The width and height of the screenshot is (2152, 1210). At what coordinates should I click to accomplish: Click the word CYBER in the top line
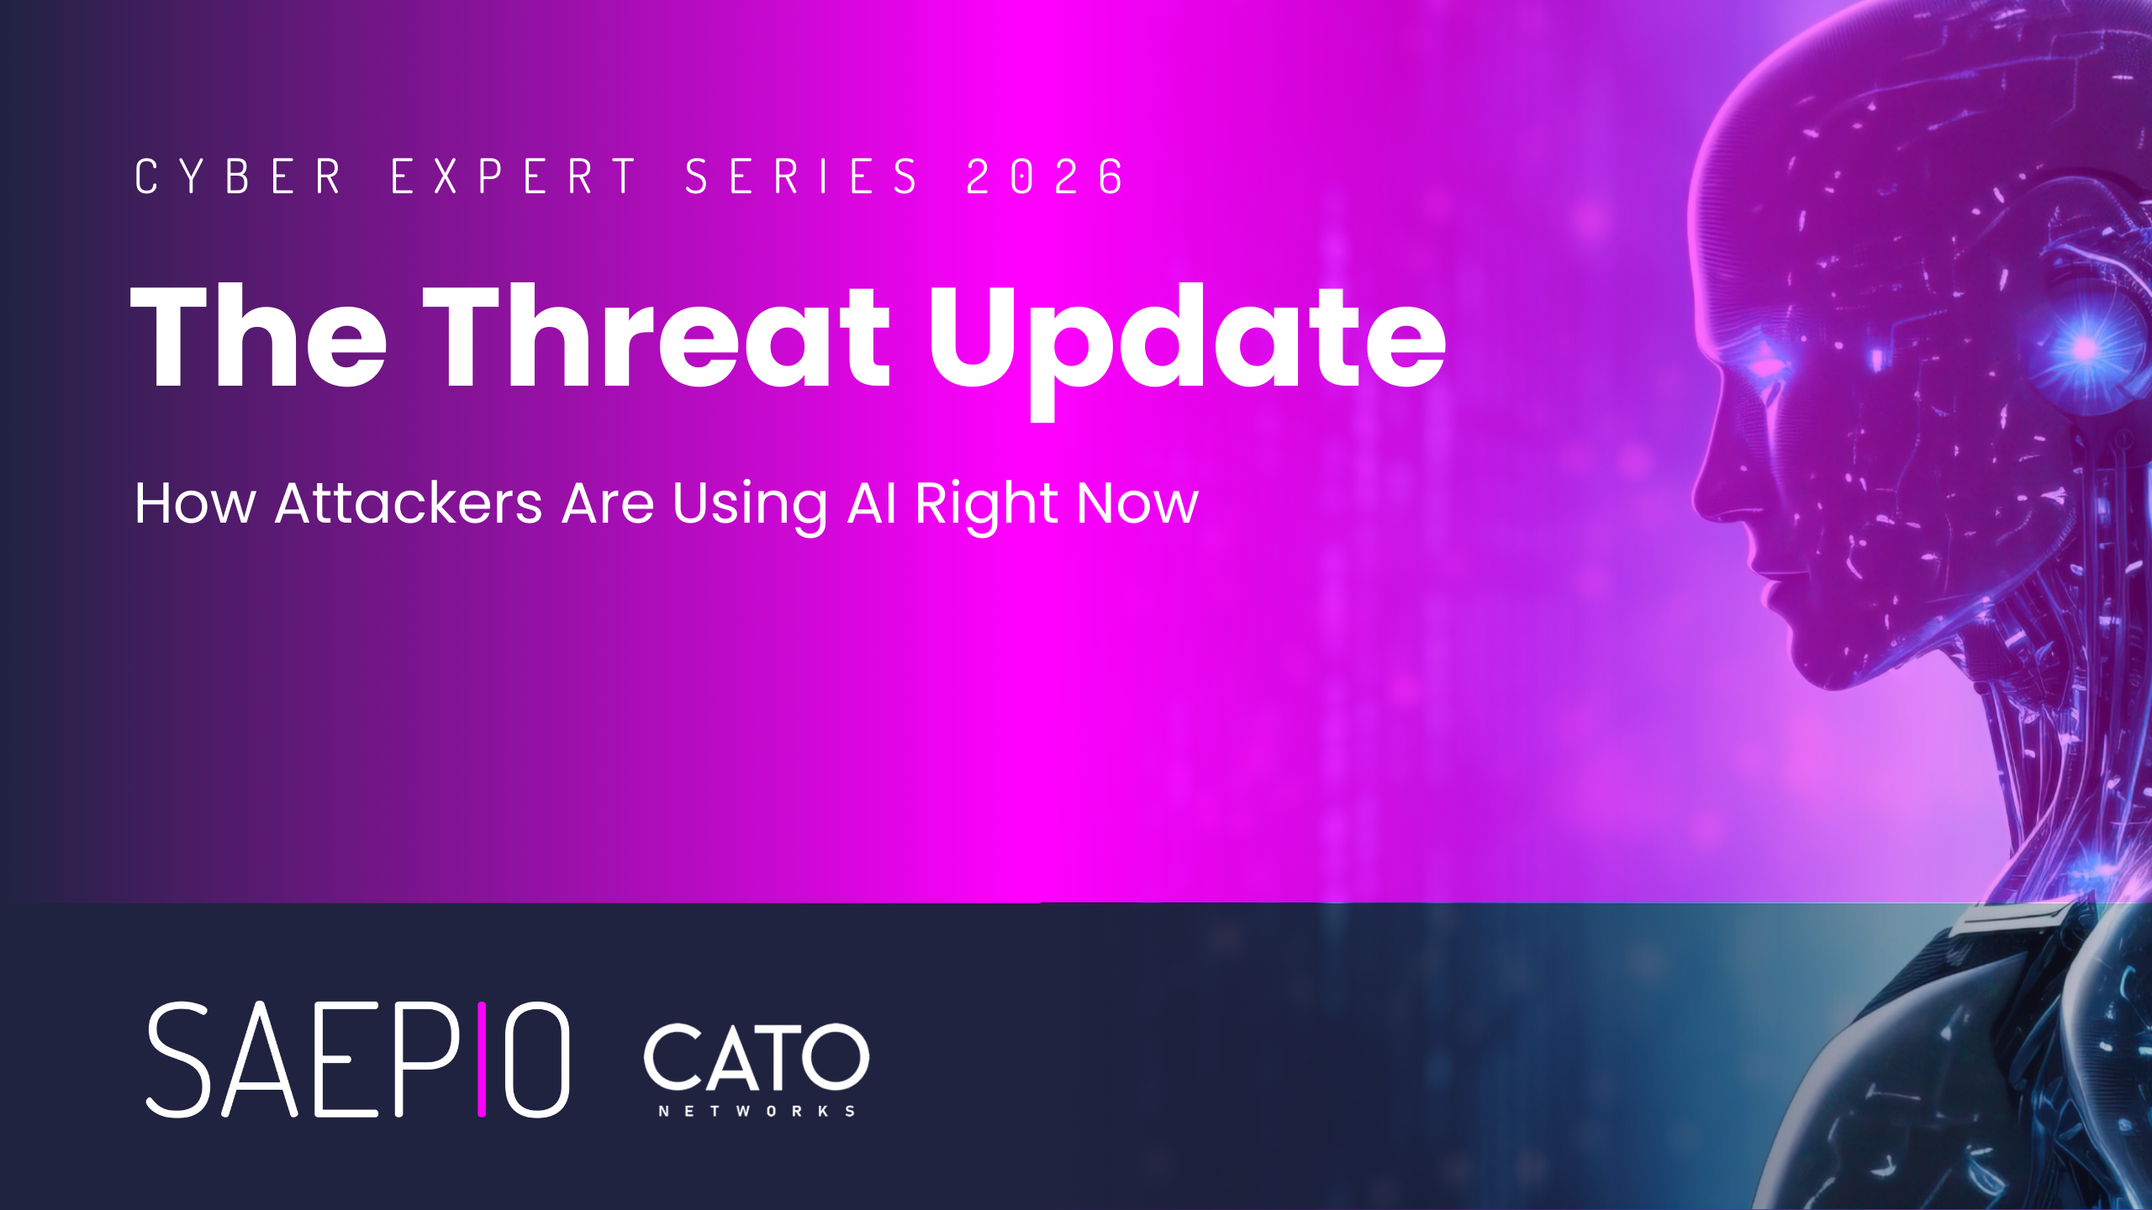pyautogui.click(x=238, y=176)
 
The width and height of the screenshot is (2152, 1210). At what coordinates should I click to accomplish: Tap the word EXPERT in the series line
pyautogui.click(x=514, y=176)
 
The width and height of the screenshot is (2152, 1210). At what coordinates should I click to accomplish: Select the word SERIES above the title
pyautogui.click(x=802, y=176)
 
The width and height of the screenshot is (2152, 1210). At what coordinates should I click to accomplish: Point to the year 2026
pyautogui.click(x=1045, y=176)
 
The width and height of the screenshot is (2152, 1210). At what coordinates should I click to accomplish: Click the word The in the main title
pyautogui.click(x=259, y=335)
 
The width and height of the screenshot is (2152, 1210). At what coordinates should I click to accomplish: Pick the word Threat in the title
pyautogui.click(x=657, y=335)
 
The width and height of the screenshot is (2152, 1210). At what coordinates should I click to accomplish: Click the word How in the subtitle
pyautogui.click(x=196, y=503)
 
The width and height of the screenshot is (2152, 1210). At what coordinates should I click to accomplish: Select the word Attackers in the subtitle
pyautogui.click(x=409, y=503)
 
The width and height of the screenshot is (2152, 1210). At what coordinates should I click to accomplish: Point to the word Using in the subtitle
pyautogui.click(x=750, y=507)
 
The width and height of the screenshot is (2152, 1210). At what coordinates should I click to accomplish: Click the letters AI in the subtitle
pyautogui.click(x=872, y=503)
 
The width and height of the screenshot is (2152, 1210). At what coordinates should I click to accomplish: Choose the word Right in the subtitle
pyautogui.click(x=986, y=507)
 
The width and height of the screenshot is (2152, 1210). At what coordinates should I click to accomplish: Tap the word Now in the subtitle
pyautogui.click(x=1138, y=503)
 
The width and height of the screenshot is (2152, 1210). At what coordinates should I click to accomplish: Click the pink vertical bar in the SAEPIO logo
pyautogui.click(x=482, y=1060)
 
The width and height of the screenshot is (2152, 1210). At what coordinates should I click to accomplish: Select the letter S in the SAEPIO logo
pyautogui.click(x=177, y=1060)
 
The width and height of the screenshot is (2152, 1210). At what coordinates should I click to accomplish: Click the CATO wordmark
pyautogui.click(x=757, y=1056)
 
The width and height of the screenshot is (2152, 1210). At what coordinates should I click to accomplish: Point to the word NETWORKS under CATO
pyautogui.click(x=757, y=1111)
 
